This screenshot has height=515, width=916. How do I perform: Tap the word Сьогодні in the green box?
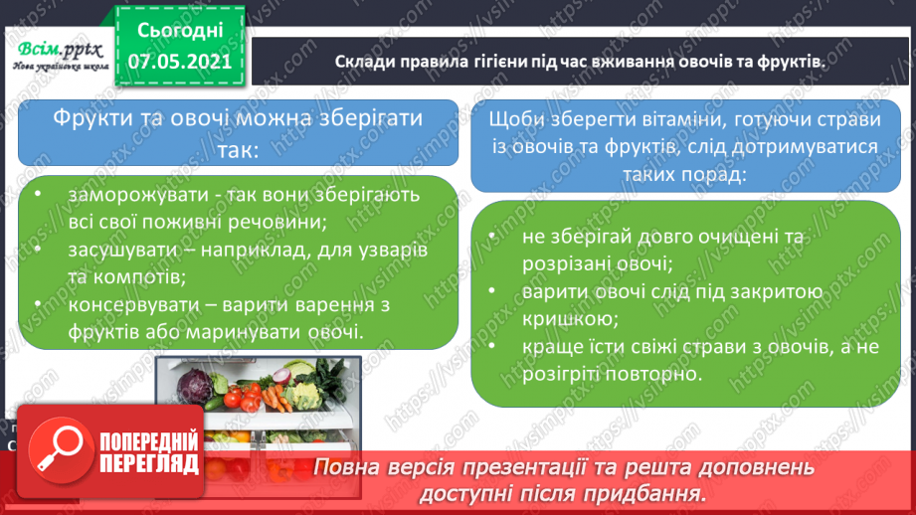(180, 31)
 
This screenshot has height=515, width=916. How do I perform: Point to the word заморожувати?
(138, 195)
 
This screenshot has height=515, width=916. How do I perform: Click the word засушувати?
(122, 250)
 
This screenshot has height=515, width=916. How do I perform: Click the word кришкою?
(570, 319)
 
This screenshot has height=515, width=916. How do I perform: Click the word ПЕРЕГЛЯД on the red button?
(149, 464)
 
